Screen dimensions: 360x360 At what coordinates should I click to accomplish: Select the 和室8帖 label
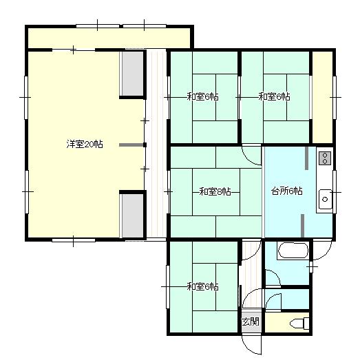(214, 191)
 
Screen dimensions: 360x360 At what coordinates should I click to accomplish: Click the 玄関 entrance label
(251, 321)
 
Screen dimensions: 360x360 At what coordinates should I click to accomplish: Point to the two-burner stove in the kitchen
(324, 159)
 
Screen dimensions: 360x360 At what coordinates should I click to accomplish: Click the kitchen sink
(324, 200)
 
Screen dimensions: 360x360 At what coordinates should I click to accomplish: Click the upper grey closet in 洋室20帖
(131, 74)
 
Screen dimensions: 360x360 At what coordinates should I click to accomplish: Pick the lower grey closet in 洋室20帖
(131, 215)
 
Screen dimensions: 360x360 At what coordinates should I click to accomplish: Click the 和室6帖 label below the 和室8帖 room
(202, 286)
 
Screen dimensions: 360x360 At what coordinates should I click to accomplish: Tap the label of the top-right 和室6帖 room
(274, 97)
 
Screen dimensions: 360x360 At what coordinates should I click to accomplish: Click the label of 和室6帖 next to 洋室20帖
(202, 97)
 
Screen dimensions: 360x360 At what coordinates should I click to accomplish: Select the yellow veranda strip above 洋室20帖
(110, 36)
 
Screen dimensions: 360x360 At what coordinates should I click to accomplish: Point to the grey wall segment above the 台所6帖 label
(304, 158)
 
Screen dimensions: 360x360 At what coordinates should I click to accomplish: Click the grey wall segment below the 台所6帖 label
(304, 225)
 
